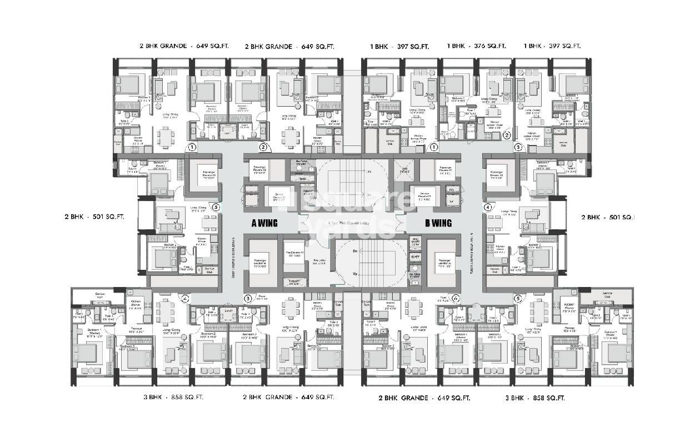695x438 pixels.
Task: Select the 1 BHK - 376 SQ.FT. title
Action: (477, 47)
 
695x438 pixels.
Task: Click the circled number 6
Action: (456, 298)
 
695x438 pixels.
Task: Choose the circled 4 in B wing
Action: (488, 208)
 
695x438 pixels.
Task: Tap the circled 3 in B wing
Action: (518, 148)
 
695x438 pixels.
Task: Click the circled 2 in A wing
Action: (264, 148)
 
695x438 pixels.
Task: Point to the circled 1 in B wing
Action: (434, 148)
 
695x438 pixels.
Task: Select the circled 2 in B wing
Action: (506, 135)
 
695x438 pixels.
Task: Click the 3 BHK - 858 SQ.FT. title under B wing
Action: (535, 398)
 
